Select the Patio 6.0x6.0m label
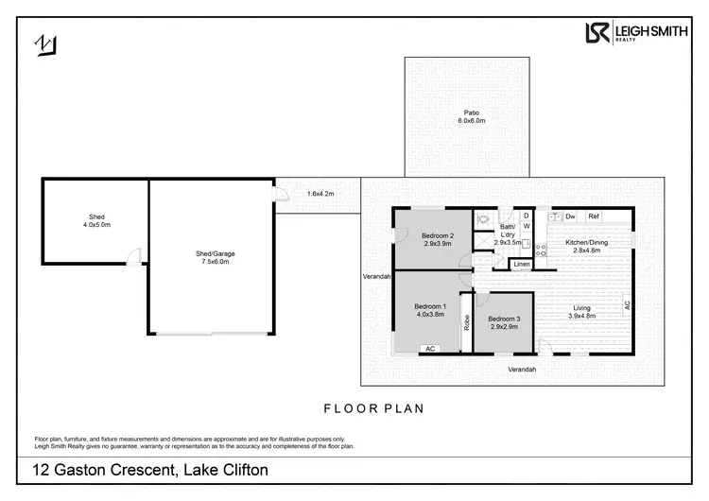[x=472, y=116]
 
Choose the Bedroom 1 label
[x=429, y=311]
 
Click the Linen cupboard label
[x=522, y=264]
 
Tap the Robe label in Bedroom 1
[x=467, y=320]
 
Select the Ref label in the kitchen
[x=594, y=216]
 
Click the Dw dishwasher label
[x=570, y=216]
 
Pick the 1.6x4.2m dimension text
[x=320, y=194]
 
